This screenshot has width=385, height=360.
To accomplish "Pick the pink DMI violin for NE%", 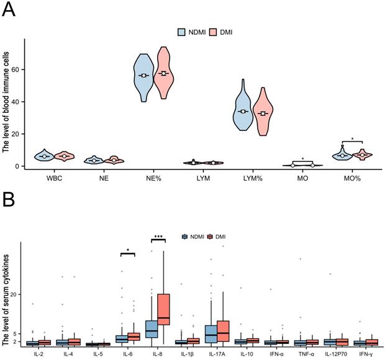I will tap(164, 73).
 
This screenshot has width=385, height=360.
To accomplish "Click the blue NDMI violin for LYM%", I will tap(243, 112).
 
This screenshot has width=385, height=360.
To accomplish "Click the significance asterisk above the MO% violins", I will tap(352, 140).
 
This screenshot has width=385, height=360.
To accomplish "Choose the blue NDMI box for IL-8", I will tap(151, 329).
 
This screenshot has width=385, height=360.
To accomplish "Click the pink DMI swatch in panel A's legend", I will tap(212, 31).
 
